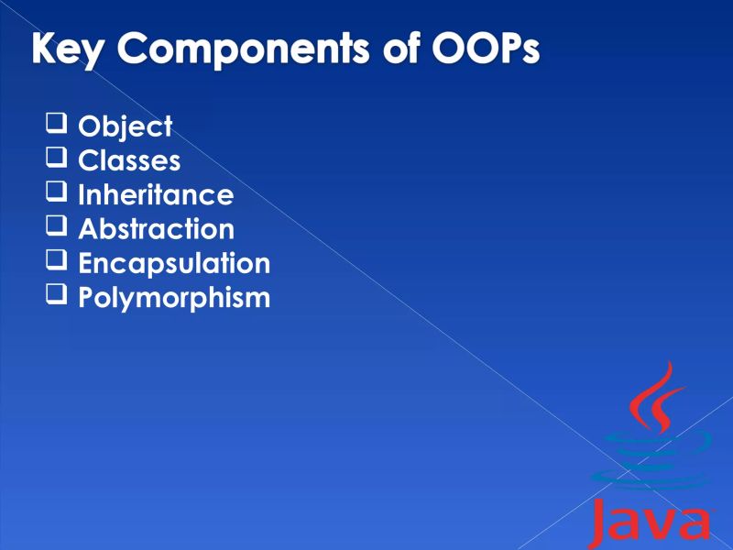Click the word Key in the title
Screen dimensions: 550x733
[x=67, y=49]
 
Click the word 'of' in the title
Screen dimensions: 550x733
[x=399, y=49]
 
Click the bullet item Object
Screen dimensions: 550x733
[x=125, y=126]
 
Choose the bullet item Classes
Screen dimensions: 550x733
[x=129, y=160]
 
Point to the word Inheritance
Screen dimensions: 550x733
[x=156, y=194]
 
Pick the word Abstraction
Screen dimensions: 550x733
[x=156, y=228]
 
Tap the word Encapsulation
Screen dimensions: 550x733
[x=174, y=263]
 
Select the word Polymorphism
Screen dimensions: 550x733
[x=174, y=297]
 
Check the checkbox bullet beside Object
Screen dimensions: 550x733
[x=57, y=124]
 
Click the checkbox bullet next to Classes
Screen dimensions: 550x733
[x=57, y=158]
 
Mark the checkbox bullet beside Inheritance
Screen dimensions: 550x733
[x=57, y=192]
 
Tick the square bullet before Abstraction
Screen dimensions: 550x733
[x=57, y=225]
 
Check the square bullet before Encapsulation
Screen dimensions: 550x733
[x=57, y=260]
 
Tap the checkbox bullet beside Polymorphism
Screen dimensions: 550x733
[x=57, y=294]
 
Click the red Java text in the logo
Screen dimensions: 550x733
[x=651, y=523]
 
